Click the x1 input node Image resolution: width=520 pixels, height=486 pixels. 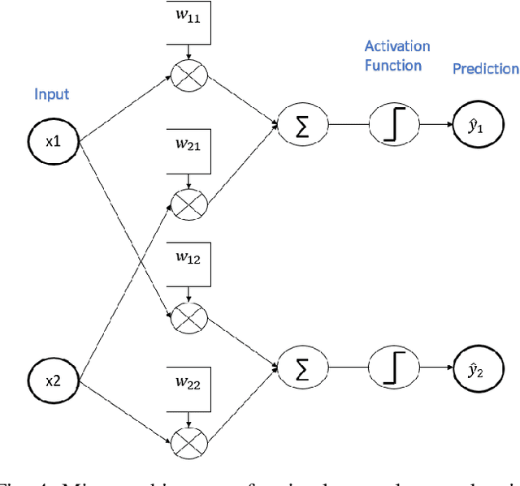pyautogui.click(x=52, y=140)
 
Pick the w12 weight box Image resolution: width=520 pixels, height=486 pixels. pyautogui.click(x=188, y=261)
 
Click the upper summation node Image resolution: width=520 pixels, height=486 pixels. pyautogui.click(x=301, y=125)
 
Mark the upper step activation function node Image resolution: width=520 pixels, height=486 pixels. pyautogui.click(x=393, y=125)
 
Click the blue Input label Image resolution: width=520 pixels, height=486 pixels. pyautogui.click(x=51, y=94)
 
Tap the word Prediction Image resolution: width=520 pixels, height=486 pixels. pyautogui.click(x=485, y=69)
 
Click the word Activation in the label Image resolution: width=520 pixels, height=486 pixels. pyautogui.click(x=396, y=46)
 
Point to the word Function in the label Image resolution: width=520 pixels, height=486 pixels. pyautogui.click(x=392, y=65)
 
